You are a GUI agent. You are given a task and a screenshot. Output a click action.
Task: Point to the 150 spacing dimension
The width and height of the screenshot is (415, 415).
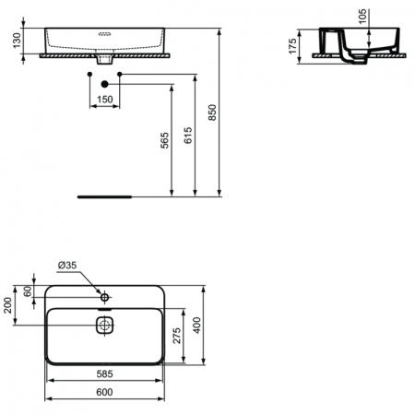click(105, 99)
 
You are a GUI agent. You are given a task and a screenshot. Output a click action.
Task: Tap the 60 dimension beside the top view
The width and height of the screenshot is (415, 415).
click(27, 291)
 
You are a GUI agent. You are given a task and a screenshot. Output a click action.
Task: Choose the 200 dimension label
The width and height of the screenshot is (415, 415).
click(8, 305)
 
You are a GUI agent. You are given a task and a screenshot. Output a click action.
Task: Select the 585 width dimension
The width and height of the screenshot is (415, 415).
click(107, 376)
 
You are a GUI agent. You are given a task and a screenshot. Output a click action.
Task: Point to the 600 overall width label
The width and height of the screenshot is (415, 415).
click(107, 392)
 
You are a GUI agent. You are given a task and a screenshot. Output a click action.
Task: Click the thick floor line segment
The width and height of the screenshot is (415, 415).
click(105, 196)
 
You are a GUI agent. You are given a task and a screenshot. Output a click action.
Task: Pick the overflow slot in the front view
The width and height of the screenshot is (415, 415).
click(106, 33)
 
